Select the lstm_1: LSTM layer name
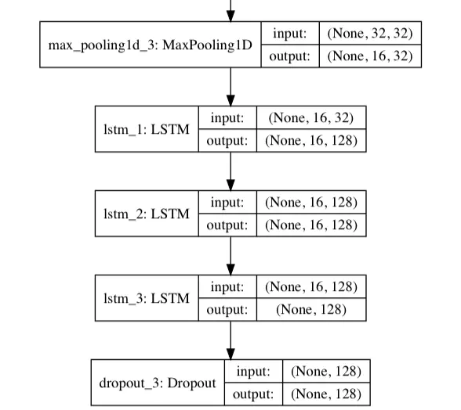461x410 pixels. [146, 129]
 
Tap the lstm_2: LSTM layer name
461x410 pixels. [146, 214]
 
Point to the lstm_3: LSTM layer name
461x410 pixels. [146, 298]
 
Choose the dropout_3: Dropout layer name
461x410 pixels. [158, 383]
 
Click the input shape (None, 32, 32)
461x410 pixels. [369, 34]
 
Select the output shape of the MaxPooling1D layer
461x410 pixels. [369, 56]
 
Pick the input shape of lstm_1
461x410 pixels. [310, 118]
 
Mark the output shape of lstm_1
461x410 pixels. [310, 140]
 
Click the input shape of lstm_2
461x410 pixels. [310, 203]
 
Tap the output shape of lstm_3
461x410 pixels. [310, 309]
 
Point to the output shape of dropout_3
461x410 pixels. [326, 394]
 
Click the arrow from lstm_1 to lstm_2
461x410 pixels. [230, 171]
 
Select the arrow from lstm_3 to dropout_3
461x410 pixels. [230, 340]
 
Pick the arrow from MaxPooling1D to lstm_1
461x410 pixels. [230, 87]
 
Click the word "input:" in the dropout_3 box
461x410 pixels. [253, 372]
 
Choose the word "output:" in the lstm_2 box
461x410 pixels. [228, 225]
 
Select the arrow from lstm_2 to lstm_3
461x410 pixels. [230, 256]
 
